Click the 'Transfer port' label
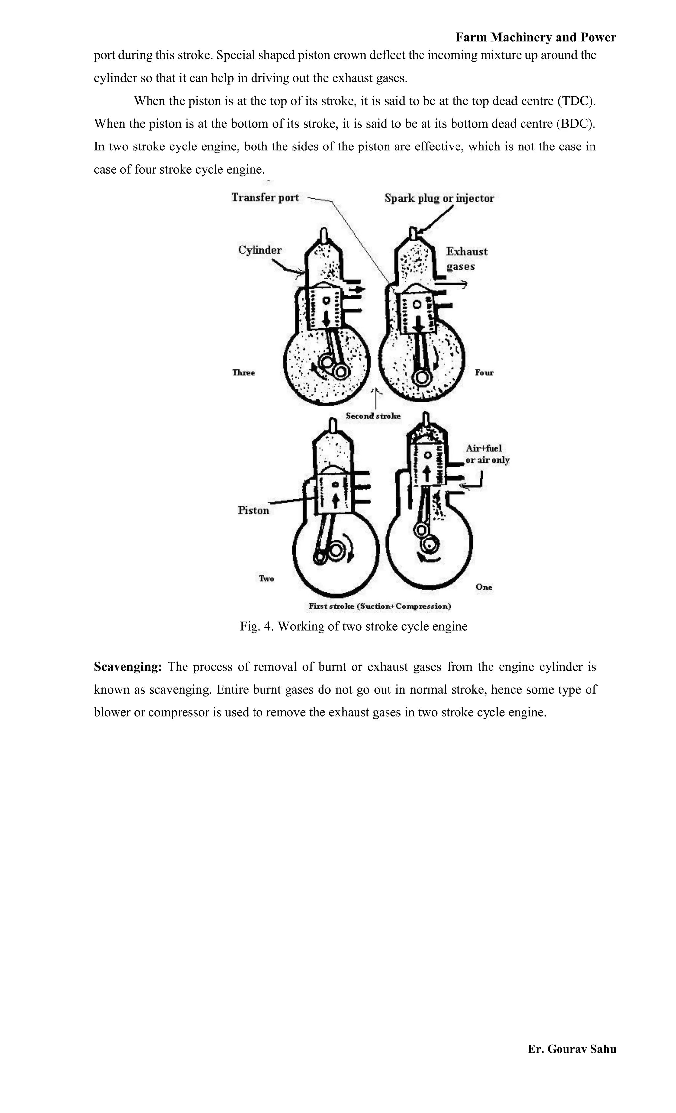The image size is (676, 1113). click(x=265, y=197)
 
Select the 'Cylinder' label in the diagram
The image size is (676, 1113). click(x=260, y=250)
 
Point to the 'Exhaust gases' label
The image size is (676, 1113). click(x=466, y=258)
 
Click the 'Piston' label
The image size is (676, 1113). click(x=253, y=510)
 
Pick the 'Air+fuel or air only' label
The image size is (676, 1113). click(x=487, y=454)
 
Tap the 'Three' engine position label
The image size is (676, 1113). click(x=244, y=373)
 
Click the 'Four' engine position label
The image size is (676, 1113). click(x=484, y=373)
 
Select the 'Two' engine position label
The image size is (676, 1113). click(x=266, y=579)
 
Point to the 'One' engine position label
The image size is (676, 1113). click(x=484, y=587)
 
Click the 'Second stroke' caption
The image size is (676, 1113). click(x=373, y=416)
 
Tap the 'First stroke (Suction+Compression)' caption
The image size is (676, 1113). click(x=380, y=606)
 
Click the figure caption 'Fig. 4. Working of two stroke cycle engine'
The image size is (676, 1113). click(x=354, y=627)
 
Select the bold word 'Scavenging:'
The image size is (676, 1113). click(x=128, y=667)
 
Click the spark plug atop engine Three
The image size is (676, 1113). click(x=323, y=234)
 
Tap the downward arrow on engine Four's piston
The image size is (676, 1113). click(x=419, y=324)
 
